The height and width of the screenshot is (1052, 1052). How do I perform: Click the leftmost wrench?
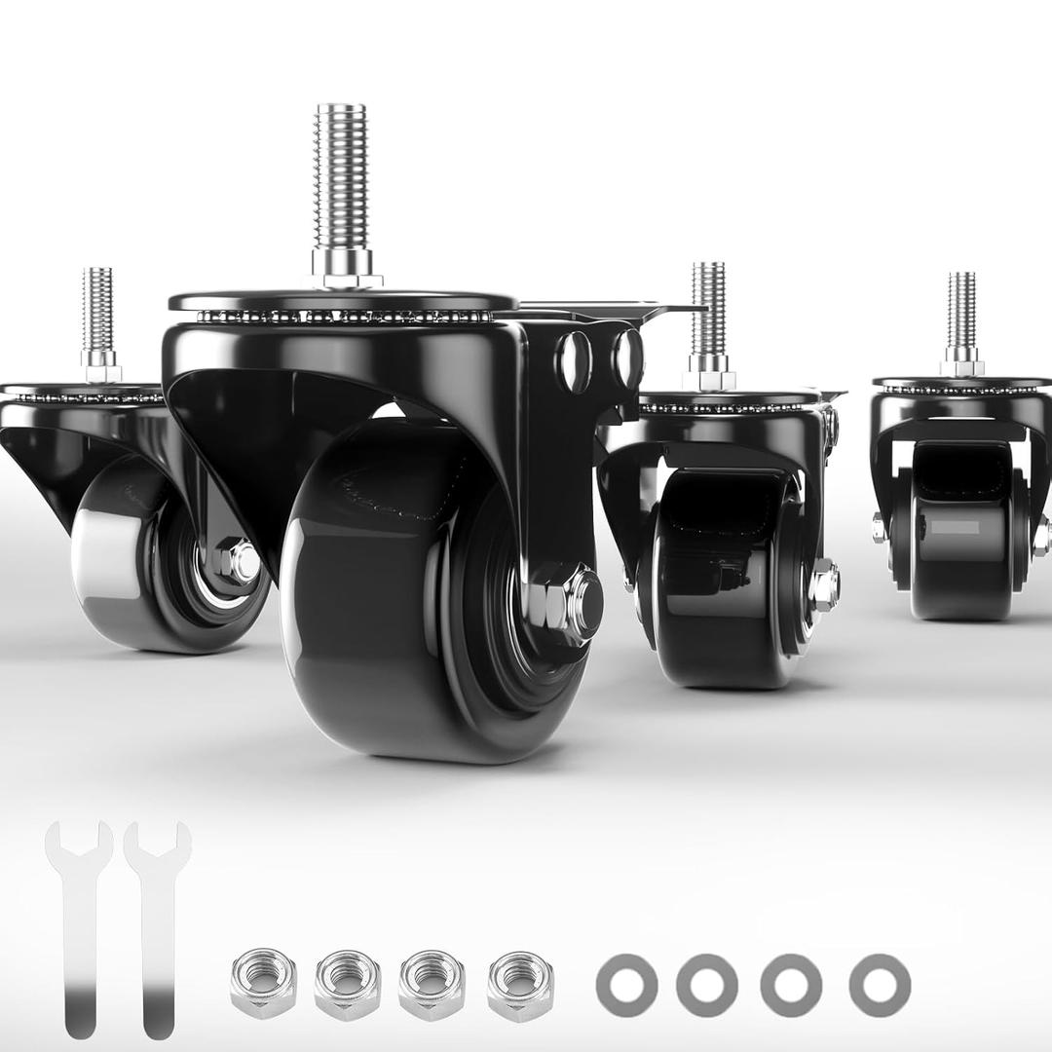[x=79, y=925]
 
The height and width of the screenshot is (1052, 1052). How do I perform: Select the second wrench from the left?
[x=157, y=925]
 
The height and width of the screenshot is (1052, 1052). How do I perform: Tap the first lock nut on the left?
[x=263, y=985]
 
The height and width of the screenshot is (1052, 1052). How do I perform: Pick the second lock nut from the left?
[x=348, y=985]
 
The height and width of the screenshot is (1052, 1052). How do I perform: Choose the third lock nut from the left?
[x=432, y=985]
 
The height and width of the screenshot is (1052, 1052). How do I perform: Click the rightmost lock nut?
[x=520, y=985]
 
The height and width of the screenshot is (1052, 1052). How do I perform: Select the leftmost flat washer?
[x=626, y=985]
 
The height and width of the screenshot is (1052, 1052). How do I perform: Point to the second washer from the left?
[x=707, y=985]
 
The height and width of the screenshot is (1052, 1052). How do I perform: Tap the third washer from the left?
[x=791, y=985]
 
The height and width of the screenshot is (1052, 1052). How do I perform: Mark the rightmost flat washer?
[x=880, y=985]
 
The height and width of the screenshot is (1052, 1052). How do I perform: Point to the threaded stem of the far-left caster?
[x=97, y=312]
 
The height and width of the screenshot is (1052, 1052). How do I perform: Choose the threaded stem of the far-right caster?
[x=961, y=312]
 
